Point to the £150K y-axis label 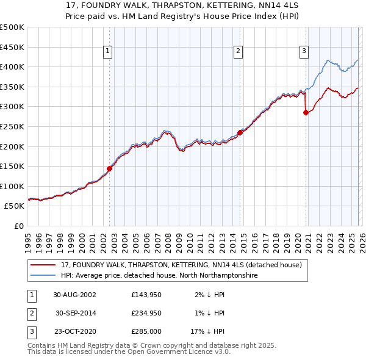(12, 166)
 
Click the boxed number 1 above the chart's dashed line (107, 52)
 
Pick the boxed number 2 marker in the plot (238, 52)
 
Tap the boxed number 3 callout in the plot (303, 52)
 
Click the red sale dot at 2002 (110, 168)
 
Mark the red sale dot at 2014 (240, 132)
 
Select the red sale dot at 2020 (306, 112)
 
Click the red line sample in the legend (44, 265)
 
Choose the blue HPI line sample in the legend (44, 276)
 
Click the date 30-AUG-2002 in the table (74, 294)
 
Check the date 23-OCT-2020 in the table (74, 332)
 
